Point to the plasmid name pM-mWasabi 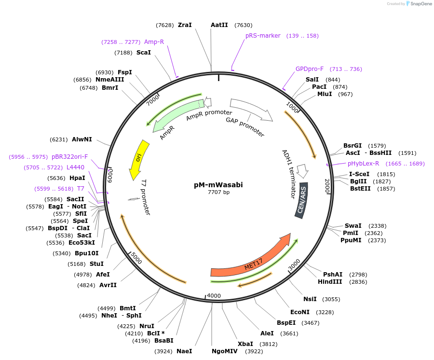(x=218, y=184)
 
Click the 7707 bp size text (x=218, y=192)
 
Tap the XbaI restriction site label (x=245, y=344)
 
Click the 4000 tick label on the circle (x=214, y=296)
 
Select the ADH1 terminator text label (x=289, y=174)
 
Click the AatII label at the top (x=219, y=25)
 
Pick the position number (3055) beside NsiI (x=331, y=299)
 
